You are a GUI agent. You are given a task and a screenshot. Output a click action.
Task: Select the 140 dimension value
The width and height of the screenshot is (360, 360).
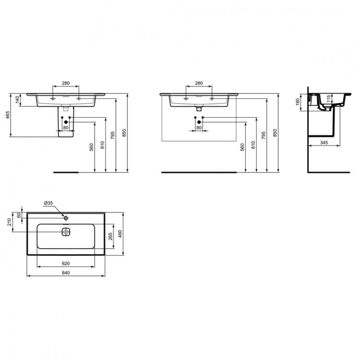click(18, 99)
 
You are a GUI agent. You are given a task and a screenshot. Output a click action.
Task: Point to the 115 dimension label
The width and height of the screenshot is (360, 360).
click(328, 98)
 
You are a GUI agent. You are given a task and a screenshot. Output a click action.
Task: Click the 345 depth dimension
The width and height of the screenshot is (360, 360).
click(324, 143)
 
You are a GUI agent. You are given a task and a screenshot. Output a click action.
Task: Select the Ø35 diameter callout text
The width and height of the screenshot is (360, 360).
click(48, 203)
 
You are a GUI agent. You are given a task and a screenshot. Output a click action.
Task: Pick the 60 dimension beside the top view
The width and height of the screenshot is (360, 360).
click(19, 215)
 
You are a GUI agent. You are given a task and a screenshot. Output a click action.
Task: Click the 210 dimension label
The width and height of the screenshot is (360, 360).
click(9, 222)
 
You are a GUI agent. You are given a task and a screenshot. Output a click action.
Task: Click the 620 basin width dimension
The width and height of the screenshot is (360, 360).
click(66, 264)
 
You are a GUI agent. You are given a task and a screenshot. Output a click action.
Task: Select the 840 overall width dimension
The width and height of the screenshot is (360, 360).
click(66, 273)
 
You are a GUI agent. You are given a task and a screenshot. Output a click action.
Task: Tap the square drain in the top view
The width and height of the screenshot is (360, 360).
click(66, 232)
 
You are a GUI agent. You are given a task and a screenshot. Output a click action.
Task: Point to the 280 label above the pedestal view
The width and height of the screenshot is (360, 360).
click(66, 84)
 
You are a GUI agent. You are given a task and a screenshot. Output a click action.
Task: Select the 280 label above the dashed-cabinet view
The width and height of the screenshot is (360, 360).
click(198, 84)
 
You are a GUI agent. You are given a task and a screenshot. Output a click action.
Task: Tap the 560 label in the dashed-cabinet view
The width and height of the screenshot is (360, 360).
click(243, 146)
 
